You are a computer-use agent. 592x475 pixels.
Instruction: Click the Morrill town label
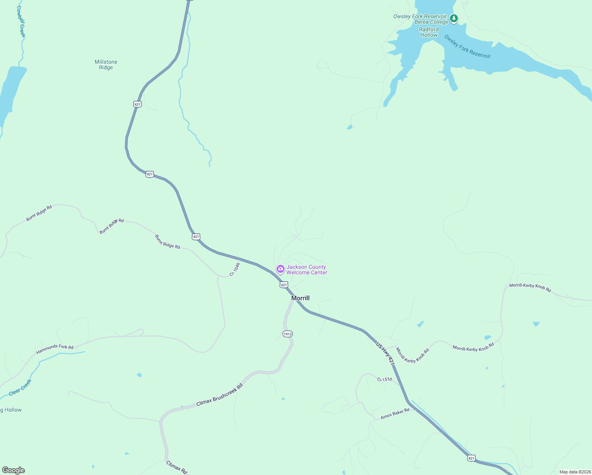pyautogui.click(x=300, y=298)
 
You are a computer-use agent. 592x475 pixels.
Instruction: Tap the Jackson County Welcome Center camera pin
pyautogui.click(x=281, y=270)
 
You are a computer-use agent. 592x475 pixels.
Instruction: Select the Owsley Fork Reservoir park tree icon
pyautogui.click(x=454, y=18)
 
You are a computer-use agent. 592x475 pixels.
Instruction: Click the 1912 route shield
pyautogui.click(x=288, y=334)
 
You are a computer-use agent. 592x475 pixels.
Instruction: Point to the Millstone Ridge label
pyautogui.click(x=106, y=65)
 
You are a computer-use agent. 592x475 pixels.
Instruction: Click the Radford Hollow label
pyautogui.click(x=429, y=32)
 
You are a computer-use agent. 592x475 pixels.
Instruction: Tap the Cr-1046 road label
pyautogui.click(x=235, y=269)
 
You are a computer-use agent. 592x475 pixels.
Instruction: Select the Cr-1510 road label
pyautogui.click(x=385, y=379)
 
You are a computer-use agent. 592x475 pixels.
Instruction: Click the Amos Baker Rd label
pyautogui.click(x=395, y=414)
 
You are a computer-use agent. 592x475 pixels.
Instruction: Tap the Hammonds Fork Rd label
pyautogui.click(x=55, y=349)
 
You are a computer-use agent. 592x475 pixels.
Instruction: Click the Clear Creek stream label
pyautogui.click(x=20, y=387)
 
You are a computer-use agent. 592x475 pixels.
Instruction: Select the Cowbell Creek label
pyautogui.click(x=21, y=22)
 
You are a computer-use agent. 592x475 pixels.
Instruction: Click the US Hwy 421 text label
pyautogui.click(x=385, y=353)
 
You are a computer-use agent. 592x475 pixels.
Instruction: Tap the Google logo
pyautogui.click(x=13, y=470)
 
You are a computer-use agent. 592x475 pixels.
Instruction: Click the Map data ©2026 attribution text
pyautogui.click(x=575, y=472)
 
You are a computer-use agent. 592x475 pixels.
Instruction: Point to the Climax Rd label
pyautogui.click(x=176, y=467)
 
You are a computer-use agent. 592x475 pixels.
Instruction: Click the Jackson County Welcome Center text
pyautogui.click(x=307, y=270)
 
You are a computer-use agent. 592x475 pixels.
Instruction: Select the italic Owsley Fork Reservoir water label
pyautogui.click(x=467, y=47)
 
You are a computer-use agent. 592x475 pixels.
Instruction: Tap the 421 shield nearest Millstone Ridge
pyautogui.click(x=137, y=104)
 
